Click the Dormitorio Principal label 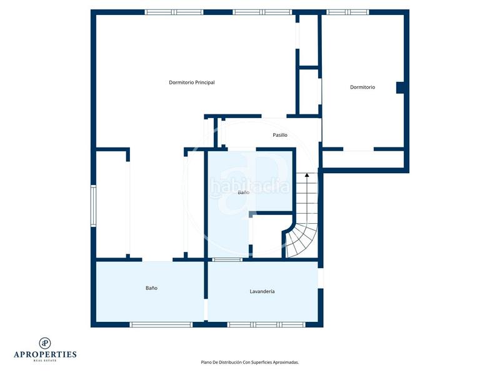(x=192, y=82)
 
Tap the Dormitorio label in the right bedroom (x=362, y=87)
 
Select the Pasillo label (x=280, y=135)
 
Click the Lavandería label (x=262, y=291)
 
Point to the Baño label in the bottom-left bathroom (x=151, y=288)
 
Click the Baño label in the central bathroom (x=244, y=192)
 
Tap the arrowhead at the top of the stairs (x=307, y=175)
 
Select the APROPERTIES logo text (x=45, y=354)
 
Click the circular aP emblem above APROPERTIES (x=45, y=343)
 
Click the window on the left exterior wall (x=93, y=206)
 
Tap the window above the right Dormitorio (x=347, y=12)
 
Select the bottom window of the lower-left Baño (x=161, y=324)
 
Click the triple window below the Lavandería (x=266, y=324)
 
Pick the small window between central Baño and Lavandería (x=227, y=260)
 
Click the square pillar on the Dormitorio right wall (x=400, y=87)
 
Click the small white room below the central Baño (x=267, y=236)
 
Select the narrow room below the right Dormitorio (x=363, y=159)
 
